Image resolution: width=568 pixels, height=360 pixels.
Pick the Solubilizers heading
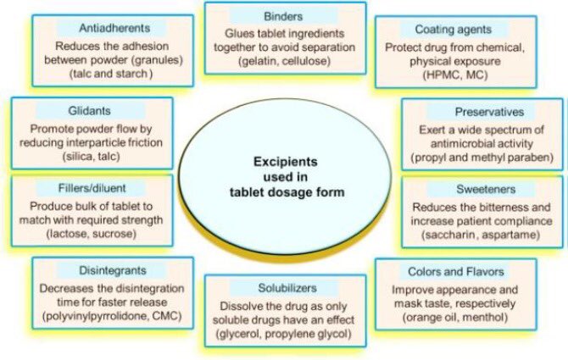pyautogui.click(x=285, y=287)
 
